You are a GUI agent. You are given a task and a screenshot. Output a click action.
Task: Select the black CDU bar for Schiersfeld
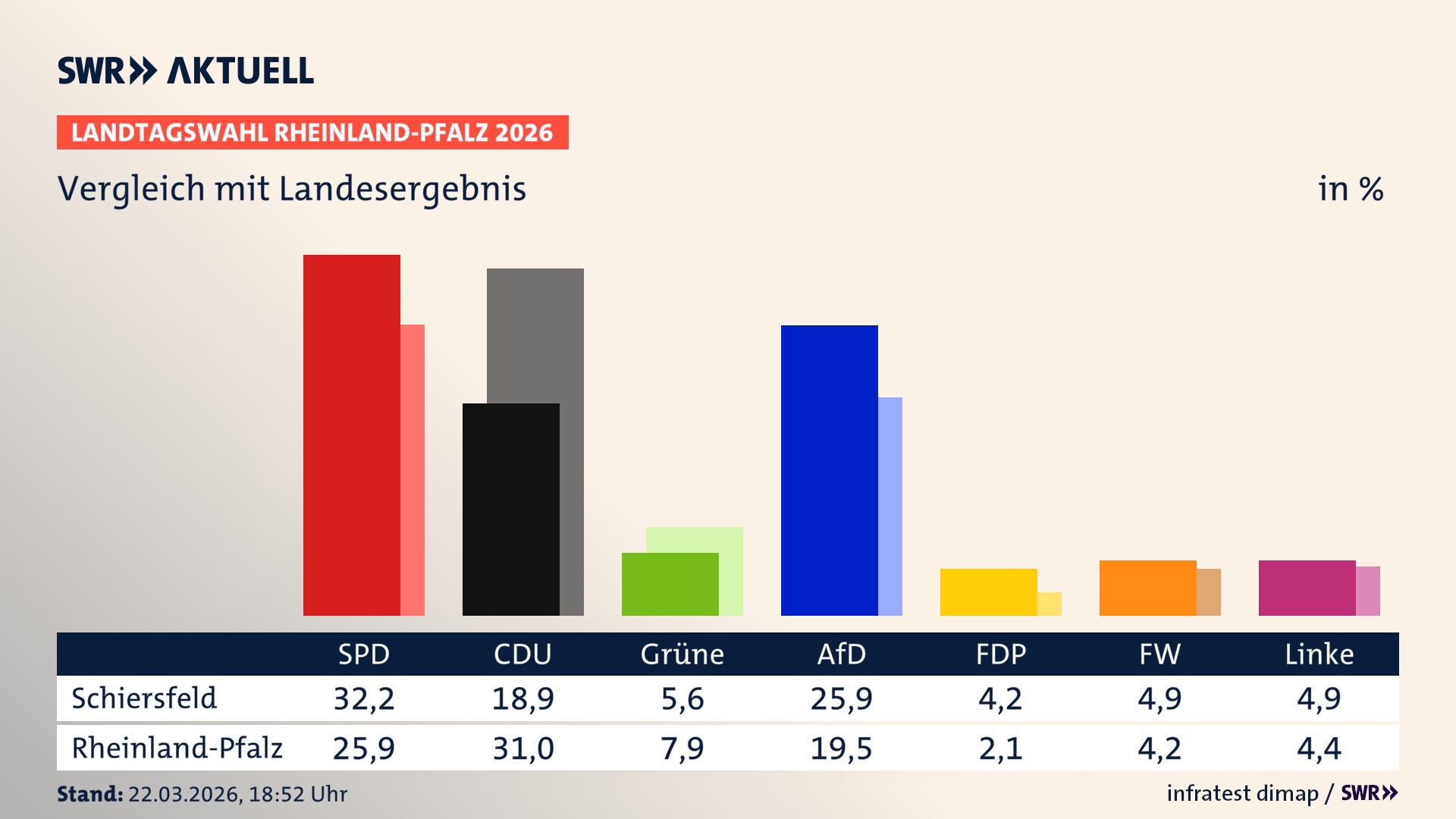click(510, 509)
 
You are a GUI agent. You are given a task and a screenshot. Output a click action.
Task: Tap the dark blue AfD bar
click(829, 470)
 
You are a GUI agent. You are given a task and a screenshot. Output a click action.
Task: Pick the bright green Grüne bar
click(670, 584)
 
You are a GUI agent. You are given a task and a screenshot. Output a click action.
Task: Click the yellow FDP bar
click(988, 591)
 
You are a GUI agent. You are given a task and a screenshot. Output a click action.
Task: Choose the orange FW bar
click(1147, 588)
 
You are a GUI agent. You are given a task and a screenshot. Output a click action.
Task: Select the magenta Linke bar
click(1307, 588)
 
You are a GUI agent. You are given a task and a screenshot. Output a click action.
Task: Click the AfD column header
click(841, 654)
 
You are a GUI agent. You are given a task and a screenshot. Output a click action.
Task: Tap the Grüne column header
click(682, 654)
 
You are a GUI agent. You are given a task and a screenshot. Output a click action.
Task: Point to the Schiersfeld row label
click(144, 698)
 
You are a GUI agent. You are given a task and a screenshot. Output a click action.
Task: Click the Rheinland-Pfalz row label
click(177, 748)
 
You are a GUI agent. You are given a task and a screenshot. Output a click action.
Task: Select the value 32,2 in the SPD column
click(364, 698)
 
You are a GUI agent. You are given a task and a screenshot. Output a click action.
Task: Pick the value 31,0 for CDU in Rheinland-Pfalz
click(523, 748)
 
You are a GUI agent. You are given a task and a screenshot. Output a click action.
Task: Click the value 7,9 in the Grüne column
click(682, 748)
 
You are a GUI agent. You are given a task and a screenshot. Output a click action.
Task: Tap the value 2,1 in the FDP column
click(1000, 748)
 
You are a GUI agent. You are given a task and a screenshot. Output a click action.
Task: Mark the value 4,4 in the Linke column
click(1319, 748)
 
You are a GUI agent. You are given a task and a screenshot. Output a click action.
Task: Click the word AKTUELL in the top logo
click(240, 71)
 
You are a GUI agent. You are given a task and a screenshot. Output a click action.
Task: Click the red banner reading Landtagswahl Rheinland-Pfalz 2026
click(312, 133)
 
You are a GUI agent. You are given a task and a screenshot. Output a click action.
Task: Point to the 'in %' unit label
click(1350, 189)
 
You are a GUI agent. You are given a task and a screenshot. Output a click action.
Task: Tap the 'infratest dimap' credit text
click(1242, 793)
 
